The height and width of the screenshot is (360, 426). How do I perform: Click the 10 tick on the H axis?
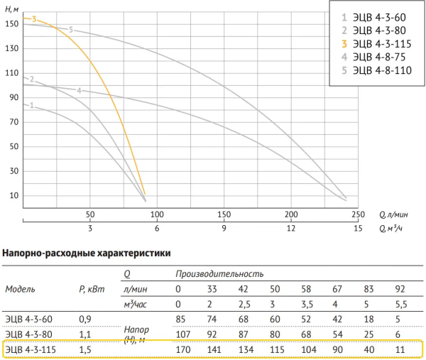pyautogui.click(x=13, y=196)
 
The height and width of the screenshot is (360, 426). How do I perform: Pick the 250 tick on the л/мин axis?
pyautogui.click(x=357, y=214)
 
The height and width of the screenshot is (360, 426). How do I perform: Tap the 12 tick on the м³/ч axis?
pyautogui.click(x=290, y=229)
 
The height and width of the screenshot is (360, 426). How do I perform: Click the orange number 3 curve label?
pyautogui.click(x=33, y=19)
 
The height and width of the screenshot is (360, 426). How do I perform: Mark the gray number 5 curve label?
pyautogui.click(x=71, y=30)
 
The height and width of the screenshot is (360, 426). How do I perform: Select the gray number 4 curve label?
pyautogui.click(x=79, y=90)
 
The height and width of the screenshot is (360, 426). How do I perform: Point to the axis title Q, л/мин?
pyautogui.click(x=392, y=214)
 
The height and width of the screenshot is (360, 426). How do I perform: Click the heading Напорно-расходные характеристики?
pyautogui.click(x=86, y=252)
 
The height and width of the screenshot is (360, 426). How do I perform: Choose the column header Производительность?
pyautogui.click(x=219, y=273)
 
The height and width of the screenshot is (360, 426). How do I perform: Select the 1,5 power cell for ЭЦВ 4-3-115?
pyautogui.click(x=84, y=349)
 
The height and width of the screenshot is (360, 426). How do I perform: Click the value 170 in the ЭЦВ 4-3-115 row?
pyautogui.click(x=183, y=349)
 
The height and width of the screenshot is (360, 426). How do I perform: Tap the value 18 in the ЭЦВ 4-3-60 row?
pyautogui.click(x=368, y=318)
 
